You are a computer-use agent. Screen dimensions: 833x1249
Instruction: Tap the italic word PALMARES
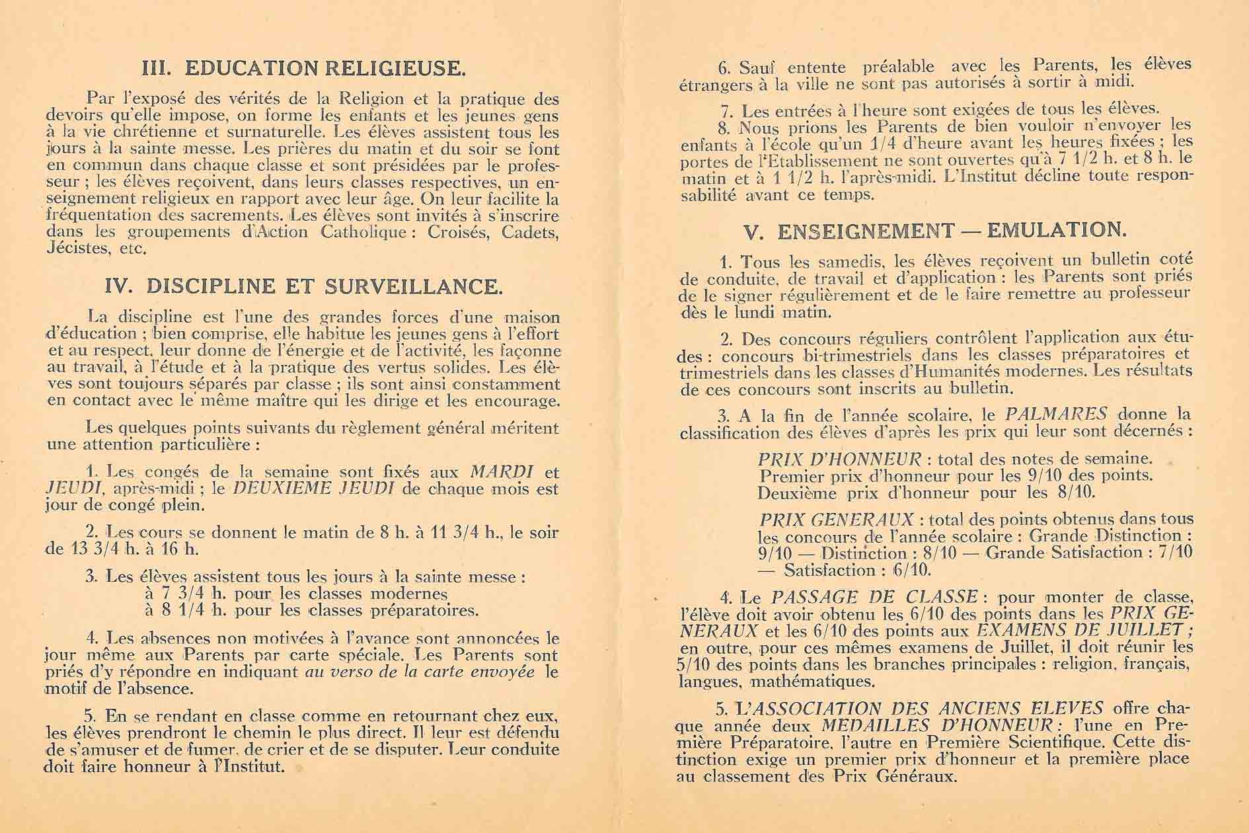(x=1055, y=415)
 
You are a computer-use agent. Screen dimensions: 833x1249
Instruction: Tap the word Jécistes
(x=78, y=249)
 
